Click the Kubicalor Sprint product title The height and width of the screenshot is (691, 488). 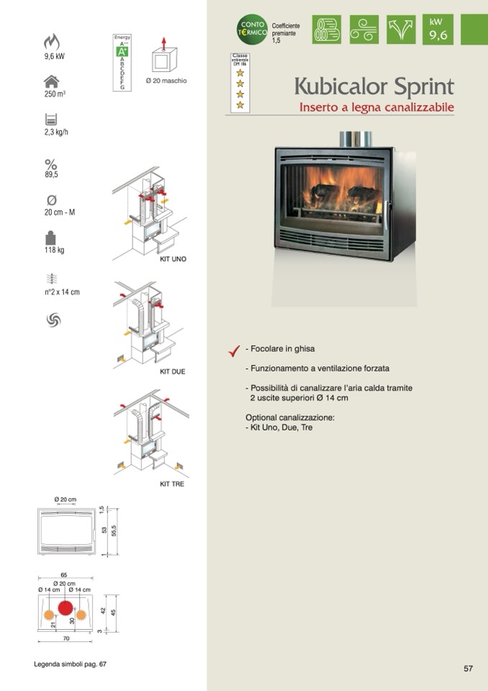374,87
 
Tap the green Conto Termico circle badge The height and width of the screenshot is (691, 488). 253,30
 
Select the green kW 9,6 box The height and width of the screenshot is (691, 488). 438,30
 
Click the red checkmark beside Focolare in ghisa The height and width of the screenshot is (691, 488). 233,350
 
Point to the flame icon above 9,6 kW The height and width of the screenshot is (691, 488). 52,42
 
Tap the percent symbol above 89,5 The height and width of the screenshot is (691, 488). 51,164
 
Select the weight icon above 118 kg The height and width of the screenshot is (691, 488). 50,237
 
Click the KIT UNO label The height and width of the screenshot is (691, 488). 173,259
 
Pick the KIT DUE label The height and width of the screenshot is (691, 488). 173,372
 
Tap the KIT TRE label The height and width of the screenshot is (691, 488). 172,484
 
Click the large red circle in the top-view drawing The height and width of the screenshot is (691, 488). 65,608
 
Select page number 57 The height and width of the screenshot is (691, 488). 468,669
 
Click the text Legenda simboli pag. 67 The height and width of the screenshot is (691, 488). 70,664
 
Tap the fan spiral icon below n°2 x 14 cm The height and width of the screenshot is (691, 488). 53,319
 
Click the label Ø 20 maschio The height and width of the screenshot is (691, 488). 166,81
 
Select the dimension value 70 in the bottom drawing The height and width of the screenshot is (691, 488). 65,638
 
